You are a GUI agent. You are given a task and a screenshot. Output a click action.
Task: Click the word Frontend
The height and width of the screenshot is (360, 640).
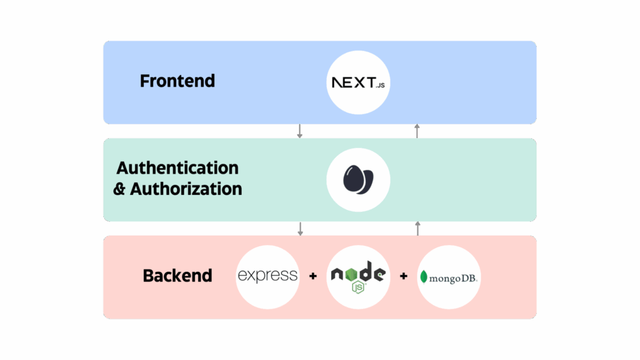pos(177,81)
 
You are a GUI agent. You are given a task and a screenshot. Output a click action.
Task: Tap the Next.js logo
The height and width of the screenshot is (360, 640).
pos(358,83)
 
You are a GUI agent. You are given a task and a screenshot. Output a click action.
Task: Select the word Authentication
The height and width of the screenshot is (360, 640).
pos(177,167)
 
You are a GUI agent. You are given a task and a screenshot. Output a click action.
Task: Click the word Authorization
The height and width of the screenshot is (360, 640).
pos(186,189)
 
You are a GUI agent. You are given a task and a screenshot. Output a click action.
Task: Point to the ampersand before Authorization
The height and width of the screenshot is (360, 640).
pos(119,189)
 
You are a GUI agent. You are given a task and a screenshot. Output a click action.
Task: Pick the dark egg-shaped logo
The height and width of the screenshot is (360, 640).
pos(358,179)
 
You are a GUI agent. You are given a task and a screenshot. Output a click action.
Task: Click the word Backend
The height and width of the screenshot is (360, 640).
pos(177,276)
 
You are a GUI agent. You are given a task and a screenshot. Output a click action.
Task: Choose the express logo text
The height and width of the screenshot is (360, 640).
pos(267,276)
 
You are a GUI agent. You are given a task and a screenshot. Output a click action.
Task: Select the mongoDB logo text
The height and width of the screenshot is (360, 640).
pos(453,278)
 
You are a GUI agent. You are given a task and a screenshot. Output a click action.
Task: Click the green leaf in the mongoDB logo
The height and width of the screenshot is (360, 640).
pos(424,277)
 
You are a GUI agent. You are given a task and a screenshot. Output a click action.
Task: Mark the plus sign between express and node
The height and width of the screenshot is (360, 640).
pos(313,276)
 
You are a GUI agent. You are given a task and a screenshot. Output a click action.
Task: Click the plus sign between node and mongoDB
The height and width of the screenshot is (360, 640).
pos(404,276)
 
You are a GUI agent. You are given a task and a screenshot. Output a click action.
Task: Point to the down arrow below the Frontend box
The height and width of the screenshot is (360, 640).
pos(299,131)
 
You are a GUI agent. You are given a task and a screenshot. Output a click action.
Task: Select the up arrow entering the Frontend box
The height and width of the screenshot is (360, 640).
pos(417,131)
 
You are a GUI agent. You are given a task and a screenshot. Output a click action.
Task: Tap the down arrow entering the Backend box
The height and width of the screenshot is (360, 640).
pos(301,229)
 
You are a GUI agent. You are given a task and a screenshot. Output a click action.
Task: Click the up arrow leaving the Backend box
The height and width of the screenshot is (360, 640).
pos(417,229)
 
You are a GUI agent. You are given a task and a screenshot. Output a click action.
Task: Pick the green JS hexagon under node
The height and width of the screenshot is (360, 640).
pos(358,287)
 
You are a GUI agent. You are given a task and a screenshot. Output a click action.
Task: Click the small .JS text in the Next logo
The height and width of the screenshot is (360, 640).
pos(381,85)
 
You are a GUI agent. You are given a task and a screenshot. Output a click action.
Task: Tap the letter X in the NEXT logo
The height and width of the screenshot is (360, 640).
pos(359,82)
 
